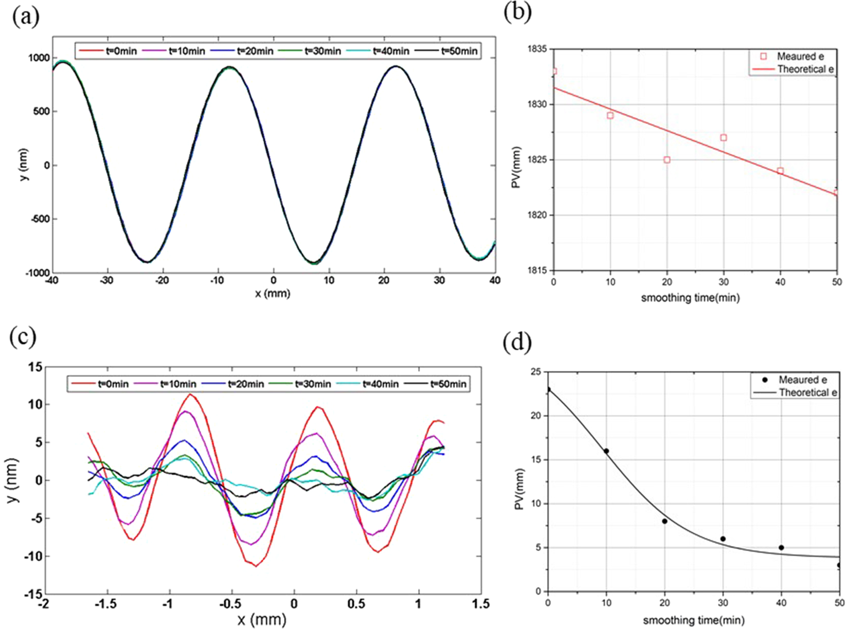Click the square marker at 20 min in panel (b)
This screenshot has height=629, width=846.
[667, 160]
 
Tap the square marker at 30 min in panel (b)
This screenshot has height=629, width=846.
[724, 138]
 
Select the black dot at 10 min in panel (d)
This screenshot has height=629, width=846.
[606, 451]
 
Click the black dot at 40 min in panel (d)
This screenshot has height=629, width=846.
[781, 548]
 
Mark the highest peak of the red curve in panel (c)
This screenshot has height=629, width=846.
[190, 394]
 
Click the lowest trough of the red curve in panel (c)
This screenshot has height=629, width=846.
[256, 566]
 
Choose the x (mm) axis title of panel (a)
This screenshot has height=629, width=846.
[273, 294]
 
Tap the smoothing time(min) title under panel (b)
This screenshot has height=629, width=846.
[690, 298]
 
